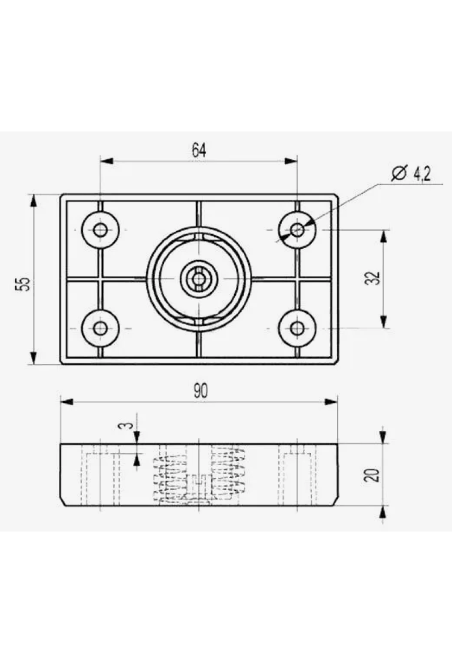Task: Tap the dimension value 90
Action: click(201, 391)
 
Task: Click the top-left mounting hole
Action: click(101, 230)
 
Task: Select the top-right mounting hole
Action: click(298, 229)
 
